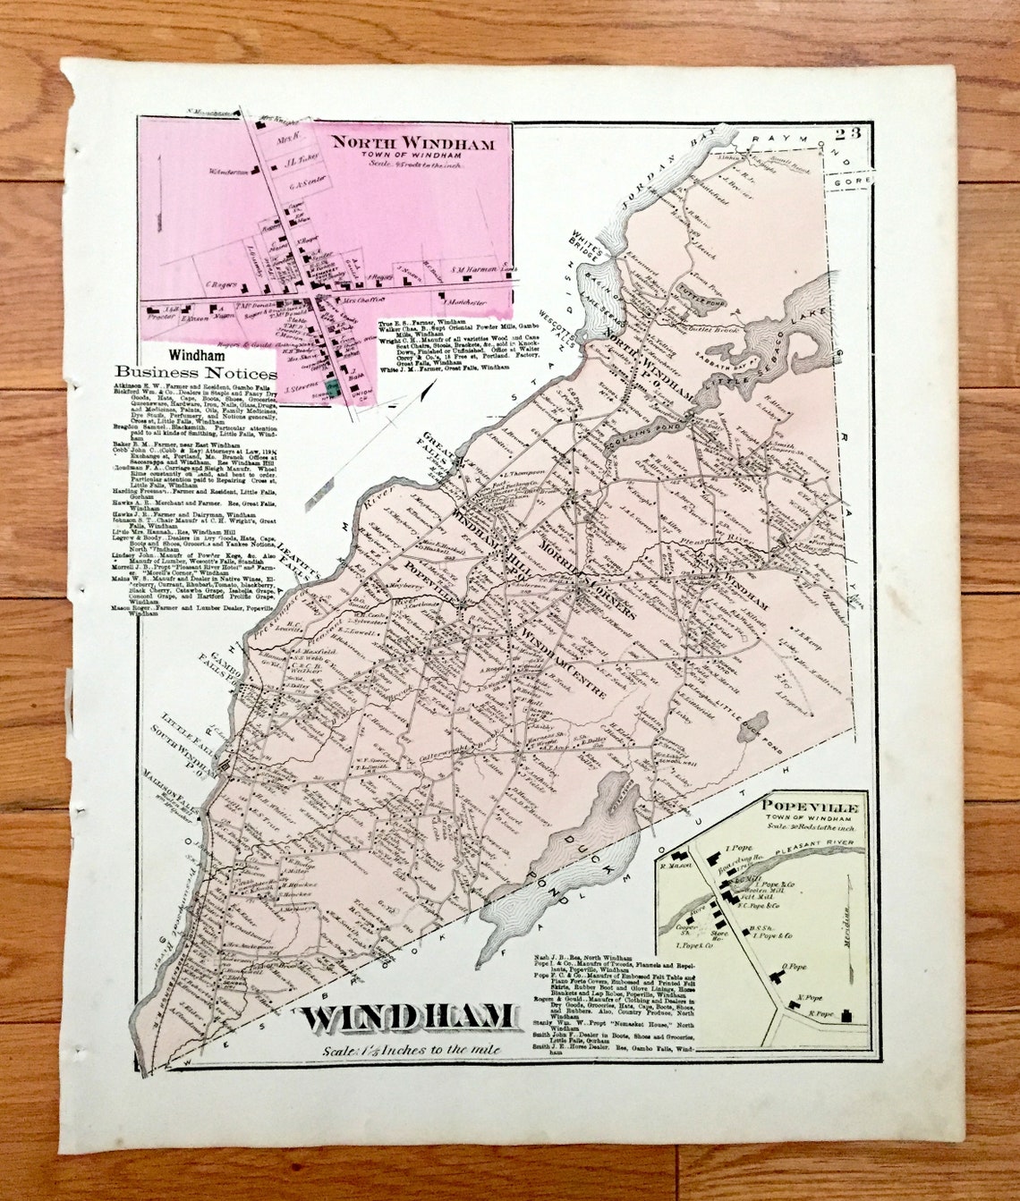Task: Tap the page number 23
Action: [849, 136]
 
